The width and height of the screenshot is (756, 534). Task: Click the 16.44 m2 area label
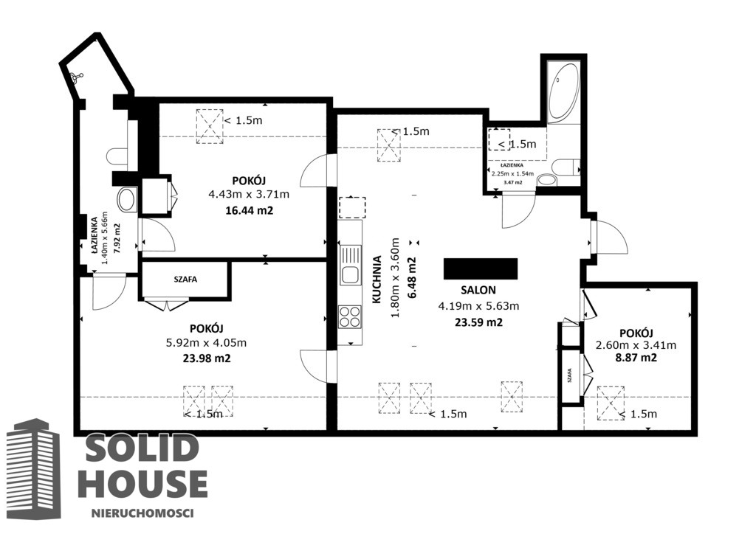pyautogui.click(x=250, y=210)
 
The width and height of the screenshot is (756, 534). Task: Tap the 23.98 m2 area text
pyautogui.click(x=207, y=358)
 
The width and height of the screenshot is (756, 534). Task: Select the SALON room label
pyautogui.click(x=478, y=290)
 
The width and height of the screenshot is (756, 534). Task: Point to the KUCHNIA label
pyautogui.click(x=377, y=280)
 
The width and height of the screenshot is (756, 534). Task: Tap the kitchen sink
pyautogui.click(x=350, y=264)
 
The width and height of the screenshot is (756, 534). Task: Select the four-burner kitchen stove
pyautogui.click(x=350, y=317)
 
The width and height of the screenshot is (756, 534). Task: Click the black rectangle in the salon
pyautogui.click(x=481, y=268)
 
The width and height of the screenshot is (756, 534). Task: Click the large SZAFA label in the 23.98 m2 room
pyautogui.click(x=185, y=280)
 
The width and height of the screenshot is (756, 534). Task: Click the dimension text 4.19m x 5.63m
pyautogui.click(x=478, y=306)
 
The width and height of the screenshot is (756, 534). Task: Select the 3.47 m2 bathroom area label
pyautogui.click(x=513, y=182)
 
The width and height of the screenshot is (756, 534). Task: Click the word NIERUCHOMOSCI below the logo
pyautogui.click(x=142, y=513)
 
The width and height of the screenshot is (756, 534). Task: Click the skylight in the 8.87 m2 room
pyautogui.click(x=611, y=403)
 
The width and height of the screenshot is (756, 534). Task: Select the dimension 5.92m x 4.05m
pyautogui.click(x=207, y=343)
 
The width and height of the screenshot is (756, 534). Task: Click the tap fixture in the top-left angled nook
pyautogui.click(x=76, y=77)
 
